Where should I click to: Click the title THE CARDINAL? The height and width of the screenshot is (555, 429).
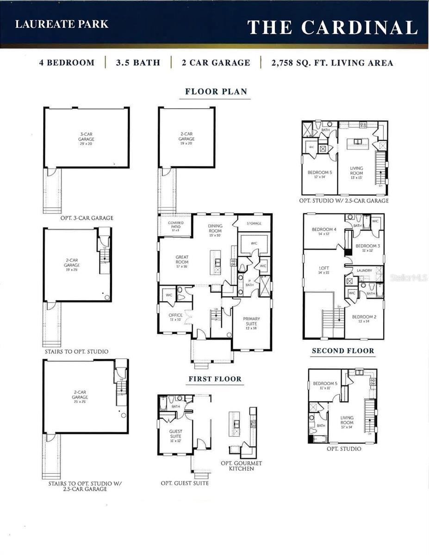[x=332, y=28]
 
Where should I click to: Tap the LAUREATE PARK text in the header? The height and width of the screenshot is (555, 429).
[x=62, y=25]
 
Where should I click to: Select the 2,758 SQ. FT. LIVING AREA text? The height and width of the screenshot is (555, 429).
[x=332, y=63]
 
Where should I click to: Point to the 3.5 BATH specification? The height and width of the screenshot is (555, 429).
[x=138, y=63]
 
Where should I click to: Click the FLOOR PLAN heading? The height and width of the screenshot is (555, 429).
[x=216, y=92]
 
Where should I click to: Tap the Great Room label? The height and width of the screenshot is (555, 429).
[x=182, y=260]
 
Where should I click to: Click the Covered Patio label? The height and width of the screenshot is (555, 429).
[x=175, y=225]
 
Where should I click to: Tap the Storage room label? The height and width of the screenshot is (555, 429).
[x=254, y=223]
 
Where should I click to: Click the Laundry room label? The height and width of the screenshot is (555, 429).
[x=364, y=271]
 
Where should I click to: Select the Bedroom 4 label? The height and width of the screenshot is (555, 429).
[x=324, y=232]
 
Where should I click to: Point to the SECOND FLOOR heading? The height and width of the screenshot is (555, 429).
[x=343, y=351]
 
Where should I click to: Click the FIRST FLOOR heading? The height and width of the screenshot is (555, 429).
[x=215, y=379]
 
